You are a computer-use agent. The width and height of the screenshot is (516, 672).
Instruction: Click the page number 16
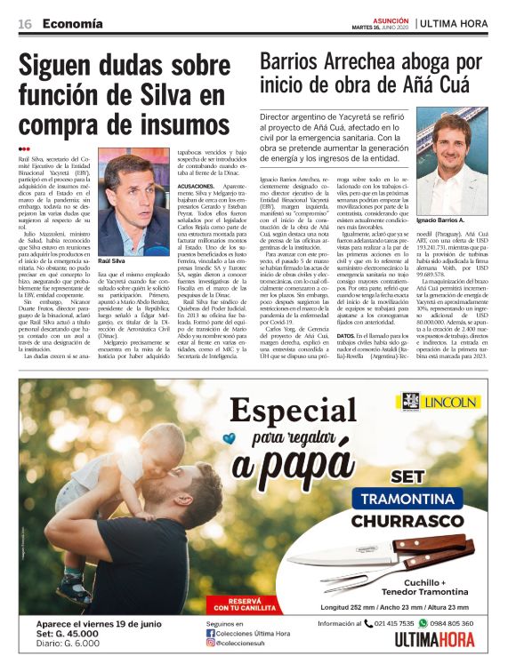click(x=25, y=22)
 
